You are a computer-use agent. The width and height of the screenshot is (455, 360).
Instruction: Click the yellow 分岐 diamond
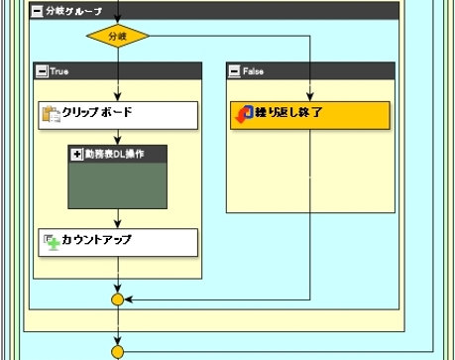pos(118,37)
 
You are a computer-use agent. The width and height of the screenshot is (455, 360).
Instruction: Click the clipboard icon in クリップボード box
pos(52,113)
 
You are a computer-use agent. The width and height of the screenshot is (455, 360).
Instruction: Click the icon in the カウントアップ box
pos(52,241)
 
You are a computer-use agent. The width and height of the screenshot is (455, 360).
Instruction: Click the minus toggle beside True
pos(41,70)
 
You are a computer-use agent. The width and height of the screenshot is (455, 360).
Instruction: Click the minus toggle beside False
pos(234,70)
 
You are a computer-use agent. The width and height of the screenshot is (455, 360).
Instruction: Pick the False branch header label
pos(253,70)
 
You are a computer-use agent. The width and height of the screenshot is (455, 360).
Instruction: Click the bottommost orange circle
pos(118,350)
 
